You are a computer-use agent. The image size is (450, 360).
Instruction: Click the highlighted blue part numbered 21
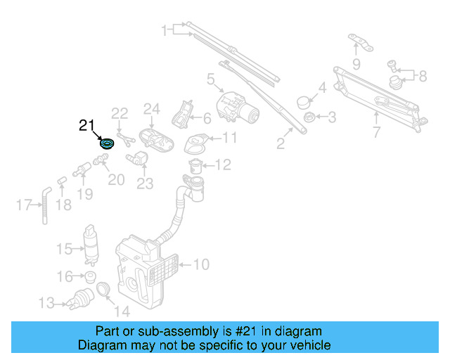[x=108, y=144]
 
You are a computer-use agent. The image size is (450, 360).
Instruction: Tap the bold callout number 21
[x=86, y=126]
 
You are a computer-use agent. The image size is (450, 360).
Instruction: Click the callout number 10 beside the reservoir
[x=201, y=265]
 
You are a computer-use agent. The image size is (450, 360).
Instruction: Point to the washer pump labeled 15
[x=91, y=241]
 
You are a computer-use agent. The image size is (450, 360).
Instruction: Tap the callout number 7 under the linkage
[x=377, y=131]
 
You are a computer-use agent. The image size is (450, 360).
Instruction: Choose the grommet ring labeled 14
[x=103, y=289]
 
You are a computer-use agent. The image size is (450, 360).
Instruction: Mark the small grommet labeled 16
[x=90, y=276]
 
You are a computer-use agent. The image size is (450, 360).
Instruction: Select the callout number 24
[x=153, y=109]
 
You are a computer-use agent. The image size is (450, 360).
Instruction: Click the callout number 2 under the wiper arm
[x=281, y=144]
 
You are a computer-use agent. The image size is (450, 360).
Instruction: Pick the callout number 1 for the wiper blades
[x=164, y=30]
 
